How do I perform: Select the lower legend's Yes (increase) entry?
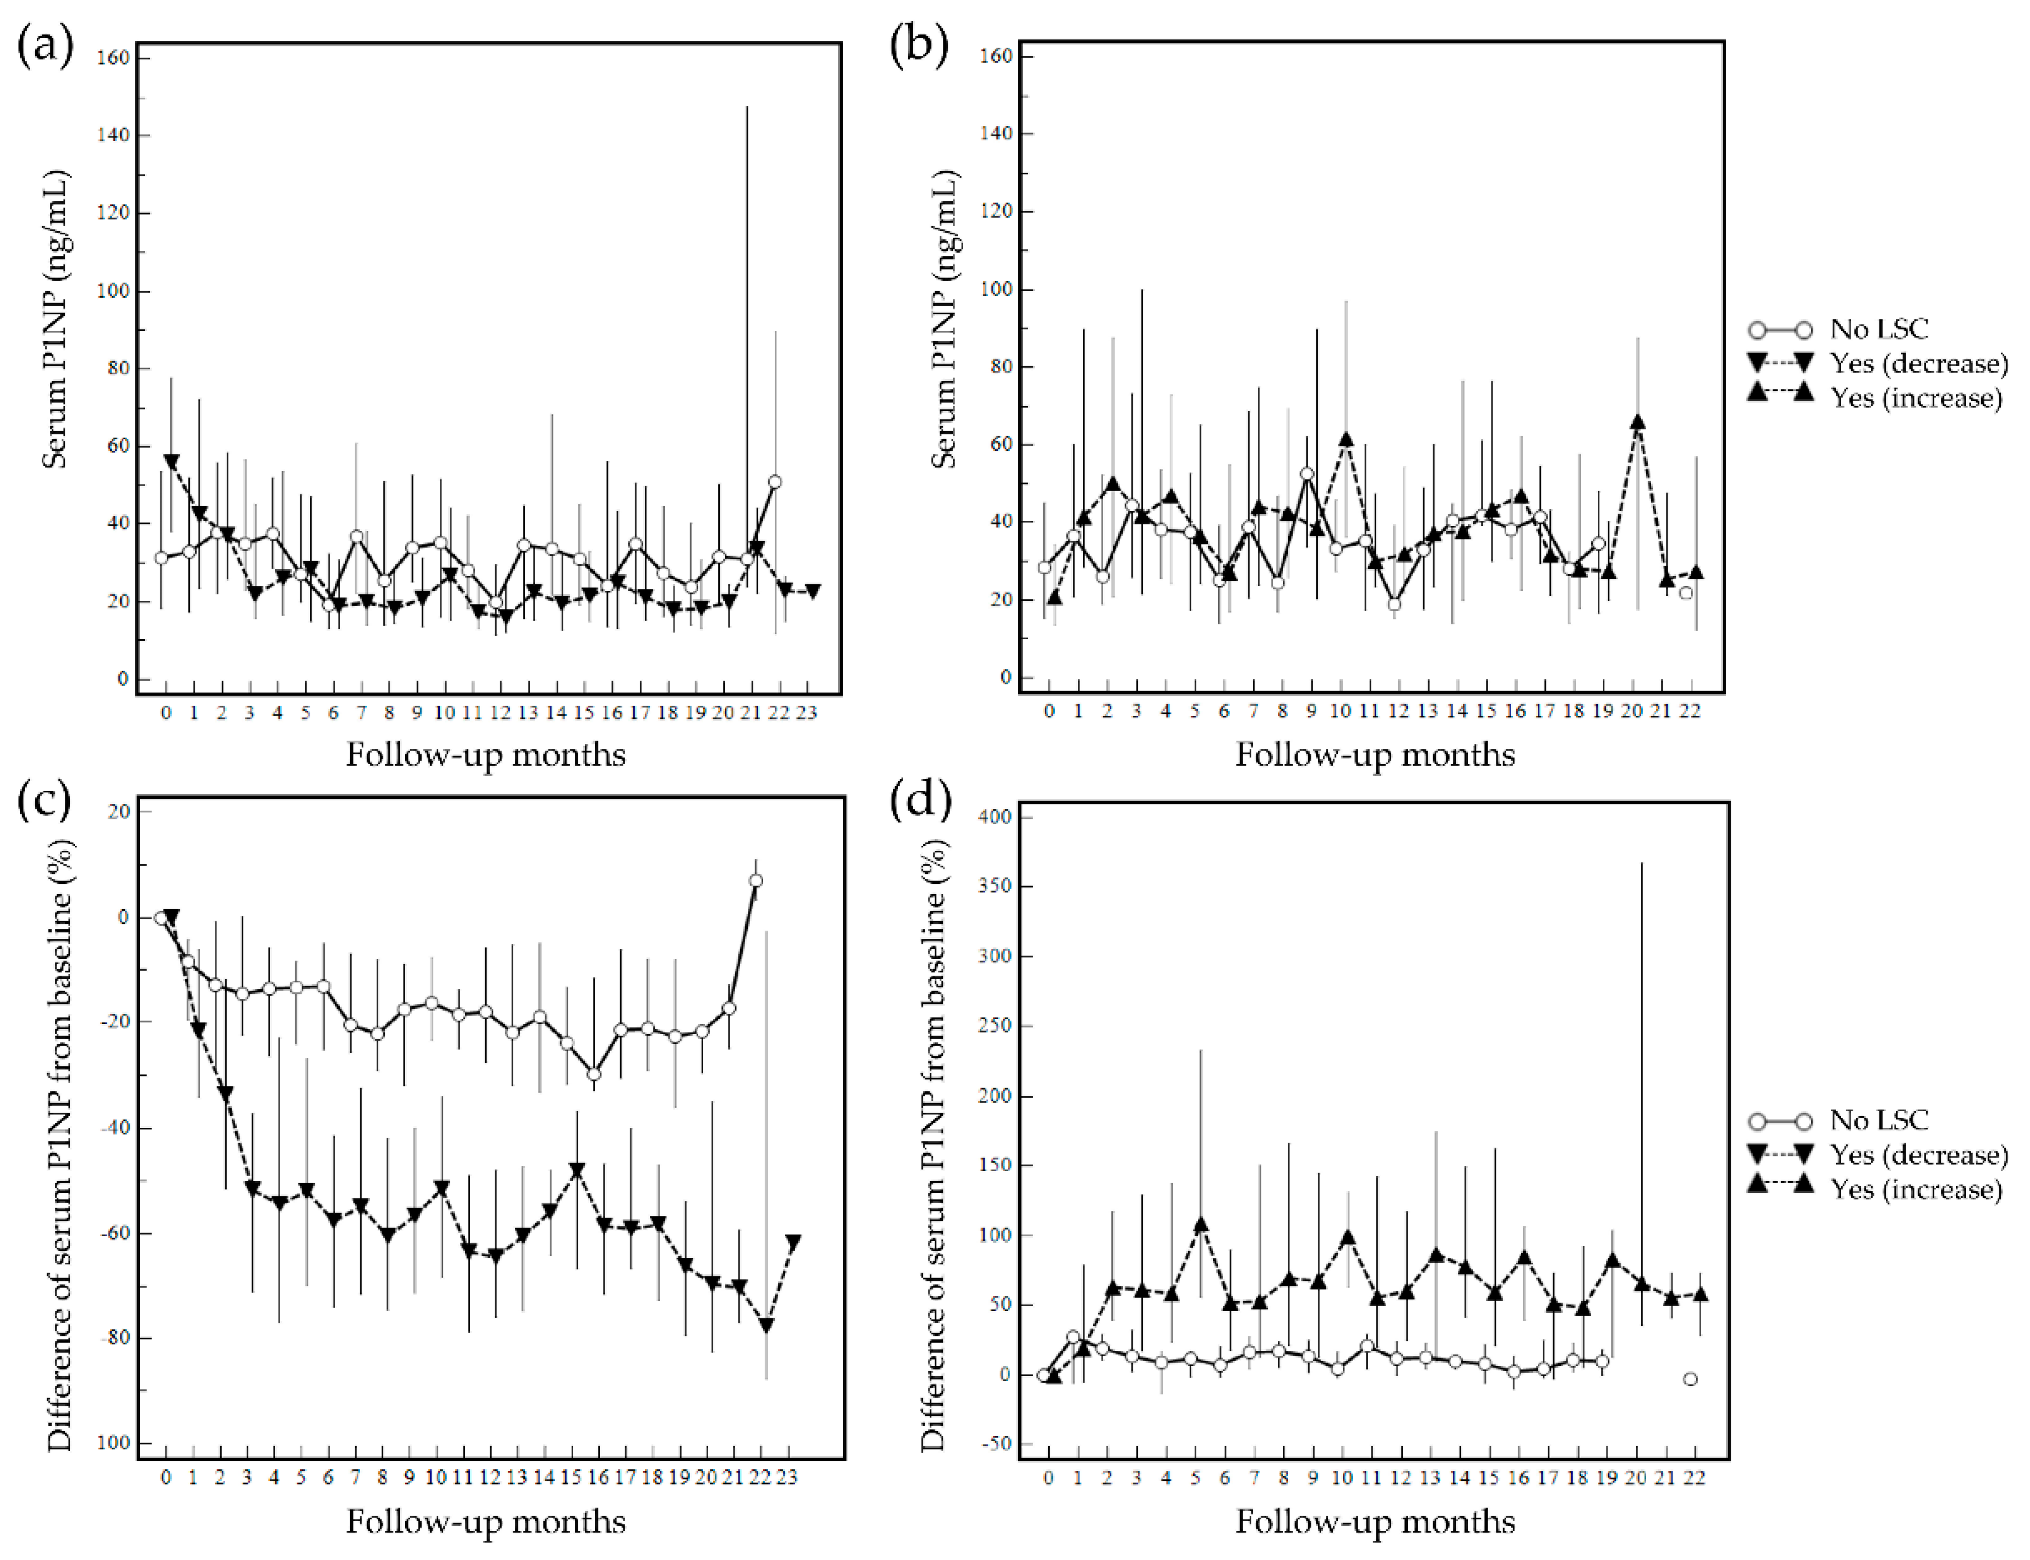[1916, 1189]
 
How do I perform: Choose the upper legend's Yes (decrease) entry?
[1918, 363]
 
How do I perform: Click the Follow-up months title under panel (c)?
[486, 1521]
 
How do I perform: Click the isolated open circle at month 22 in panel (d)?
[1690, 1379]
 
